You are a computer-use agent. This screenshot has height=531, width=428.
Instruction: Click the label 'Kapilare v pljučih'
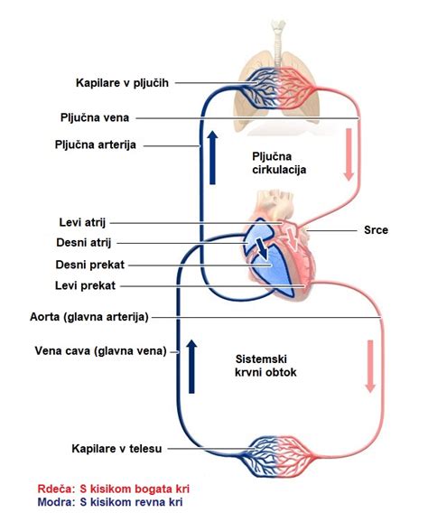point(123,82)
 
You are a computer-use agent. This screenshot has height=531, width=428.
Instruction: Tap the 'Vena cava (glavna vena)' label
point(100,352)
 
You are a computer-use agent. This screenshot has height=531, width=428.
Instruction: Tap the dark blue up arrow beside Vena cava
point(191,365)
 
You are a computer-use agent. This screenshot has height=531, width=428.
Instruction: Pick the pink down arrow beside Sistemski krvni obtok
point(369,365)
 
